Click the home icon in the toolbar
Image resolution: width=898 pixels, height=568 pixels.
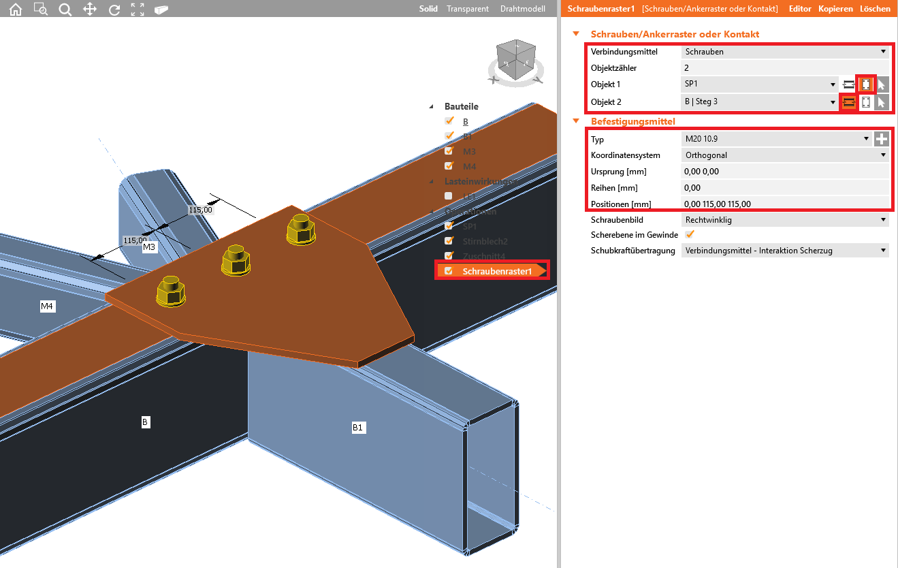(x=15, y=9)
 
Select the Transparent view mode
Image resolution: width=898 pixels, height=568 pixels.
(x=468, y=9)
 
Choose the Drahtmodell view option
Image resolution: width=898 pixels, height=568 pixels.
(x=522, y=9)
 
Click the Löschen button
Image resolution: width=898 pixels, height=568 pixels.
(x=875, y=9)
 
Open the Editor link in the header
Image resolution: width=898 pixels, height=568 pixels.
(x=800, y=9)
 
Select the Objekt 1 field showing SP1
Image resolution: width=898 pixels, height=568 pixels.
(x=759, y=84)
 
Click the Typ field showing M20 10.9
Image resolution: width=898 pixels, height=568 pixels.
(x=776, y=139)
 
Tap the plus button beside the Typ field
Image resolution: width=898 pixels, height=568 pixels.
(x=882, y=139)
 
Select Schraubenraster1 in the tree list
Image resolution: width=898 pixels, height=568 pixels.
(x=496, y=271)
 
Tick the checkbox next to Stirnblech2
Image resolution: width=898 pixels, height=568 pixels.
(x=449, y=241)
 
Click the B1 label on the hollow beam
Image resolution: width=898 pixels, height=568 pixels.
(x=358, y=428)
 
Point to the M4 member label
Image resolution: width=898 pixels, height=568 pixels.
(x=47, y=307)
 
